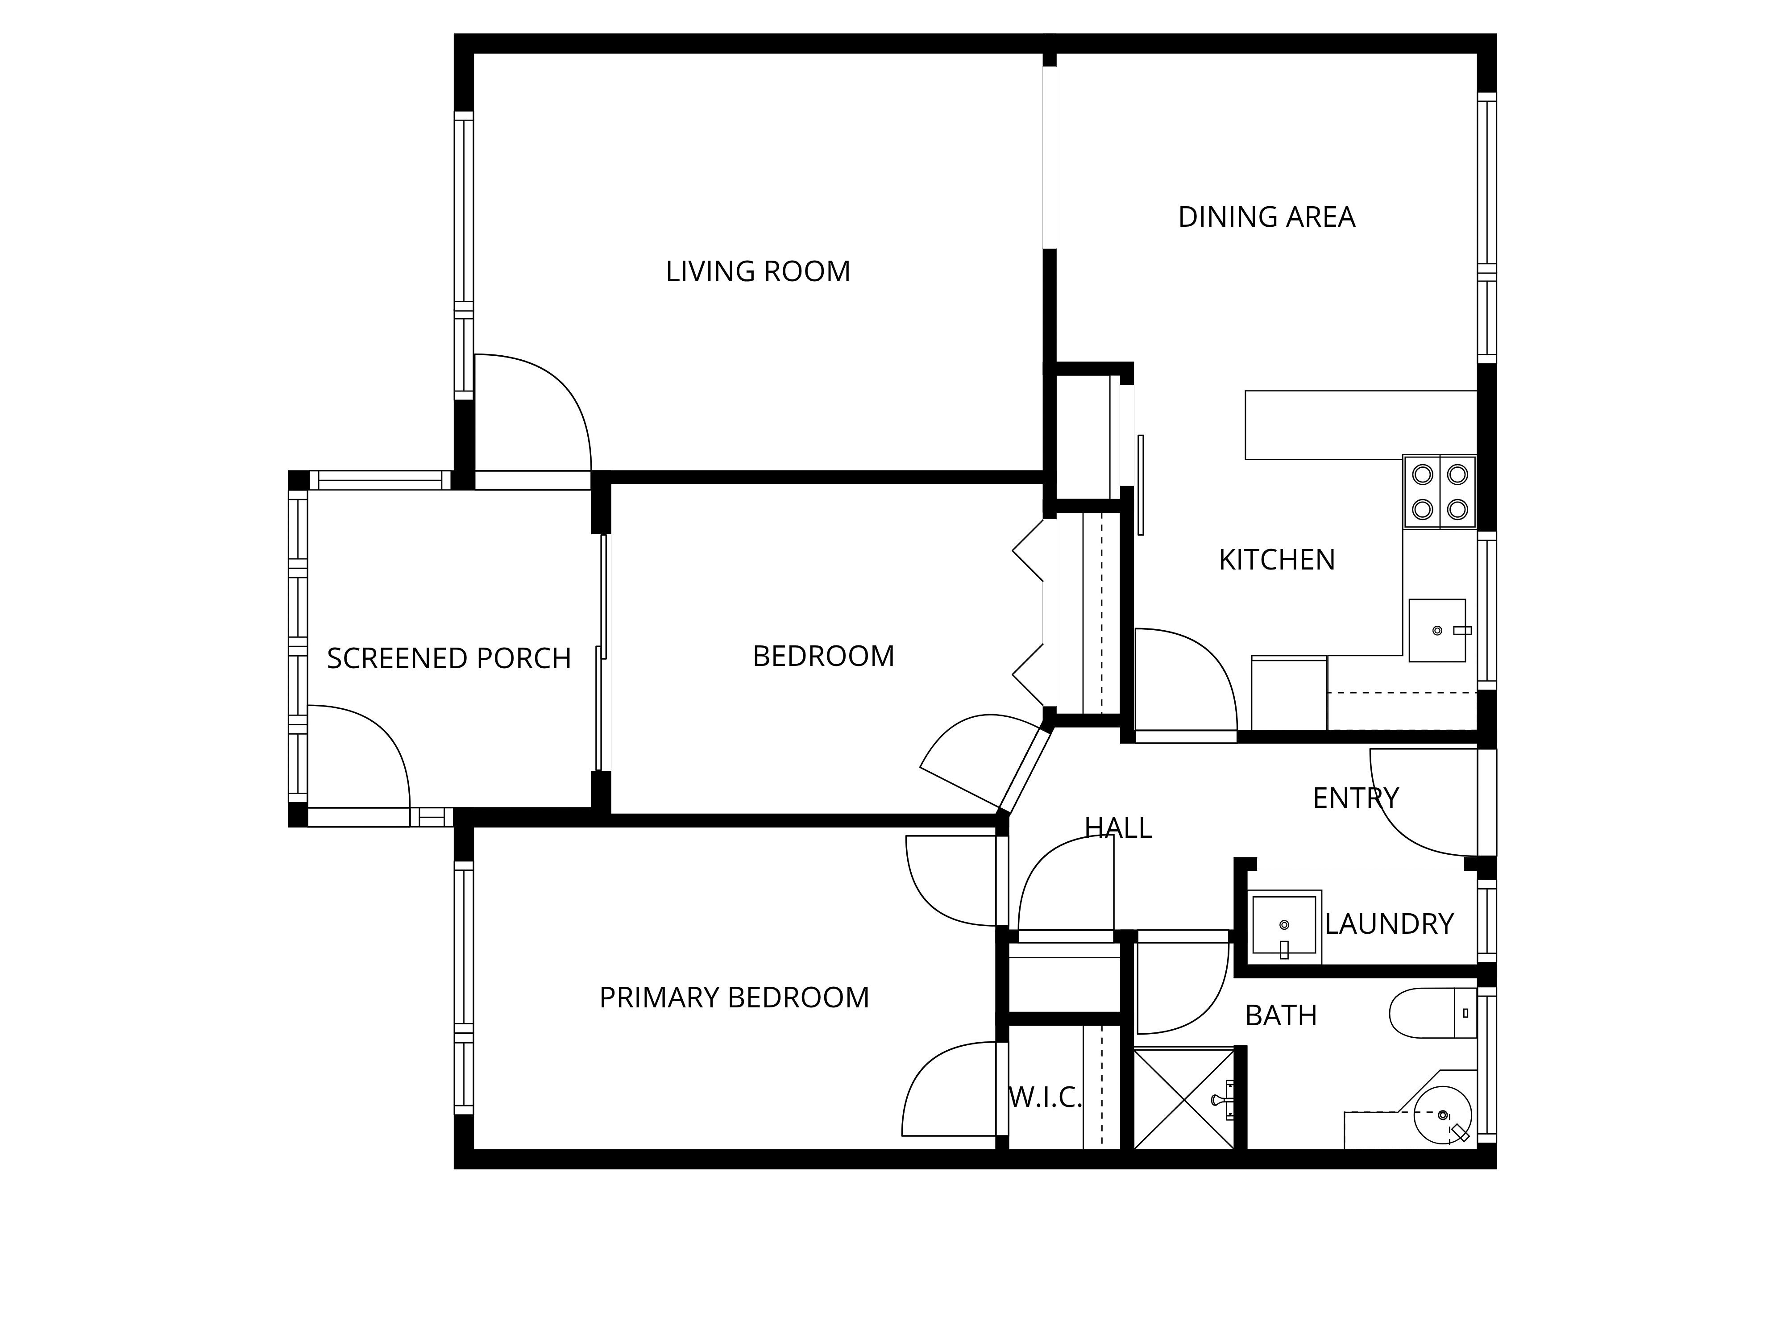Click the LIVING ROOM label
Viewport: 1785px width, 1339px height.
coord(758,271)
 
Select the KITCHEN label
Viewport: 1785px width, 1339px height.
coord(1277,559)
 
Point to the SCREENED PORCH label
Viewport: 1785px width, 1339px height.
coord(448,659)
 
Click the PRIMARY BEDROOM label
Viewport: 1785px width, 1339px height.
coord(735,998)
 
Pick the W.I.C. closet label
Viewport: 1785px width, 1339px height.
coord(1045,1097)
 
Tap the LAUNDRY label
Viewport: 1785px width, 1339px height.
coord(1389,923)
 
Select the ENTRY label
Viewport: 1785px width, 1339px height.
coord(1356,798)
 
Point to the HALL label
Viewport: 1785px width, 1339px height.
coord(1118,828)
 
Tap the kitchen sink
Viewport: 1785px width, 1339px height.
coord(1437,630)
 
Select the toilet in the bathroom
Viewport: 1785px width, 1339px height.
coord(1432,1013)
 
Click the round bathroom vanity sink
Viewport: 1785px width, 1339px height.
coord(1443,1114)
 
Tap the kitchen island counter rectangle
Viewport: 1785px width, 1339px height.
coord(1361,425)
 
